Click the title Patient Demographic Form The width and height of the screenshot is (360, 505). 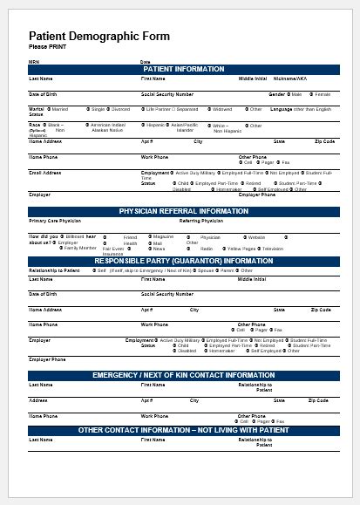(x=98, y=36)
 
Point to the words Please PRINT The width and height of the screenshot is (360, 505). (x=46, y=46)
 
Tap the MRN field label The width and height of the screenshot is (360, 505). (x=34, y=62)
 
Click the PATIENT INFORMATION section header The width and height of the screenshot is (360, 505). (x=183, y=69)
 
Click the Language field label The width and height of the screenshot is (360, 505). (x=282, y=109)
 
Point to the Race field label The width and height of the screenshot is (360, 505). (x=36, y=125)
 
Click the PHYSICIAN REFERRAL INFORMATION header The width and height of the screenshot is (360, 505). (x=183, y=212)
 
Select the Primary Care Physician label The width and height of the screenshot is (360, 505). (x=58, y=222)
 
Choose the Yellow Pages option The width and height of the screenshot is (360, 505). (x=243, y=249)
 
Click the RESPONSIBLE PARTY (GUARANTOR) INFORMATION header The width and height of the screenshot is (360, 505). (x=183, y=261)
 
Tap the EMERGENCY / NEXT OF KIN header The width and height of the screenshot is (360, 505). (x=183, y=375)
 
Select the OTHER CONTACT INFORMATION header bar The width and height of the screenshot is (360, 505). (x=183, y=430)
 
